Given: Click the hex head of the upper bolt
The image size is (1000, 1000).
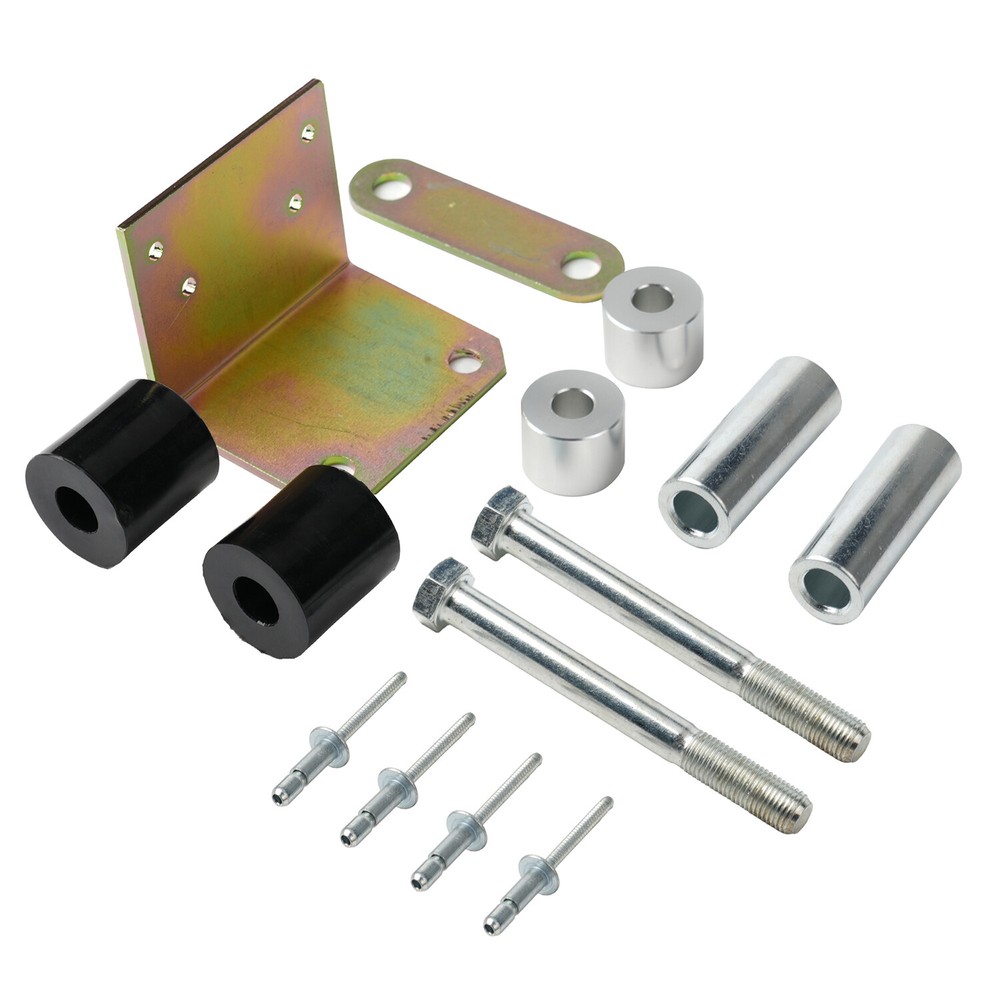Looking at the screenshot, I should coord(499,520).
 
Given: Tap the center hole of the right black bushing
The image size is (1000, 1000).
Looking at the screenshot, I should coord(255,601).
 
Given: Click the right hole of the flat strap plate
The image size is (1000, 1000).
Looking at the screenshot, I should coord(581,265).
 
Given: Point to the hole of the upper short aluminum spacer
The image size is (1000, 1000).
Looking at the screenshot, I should coord(652,297).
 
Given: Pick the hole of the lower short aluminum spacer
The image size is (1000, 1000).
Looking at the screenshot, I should coord(572,403).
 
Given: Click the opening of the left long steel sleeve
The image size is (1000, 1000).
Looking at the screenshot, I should coord(696,513).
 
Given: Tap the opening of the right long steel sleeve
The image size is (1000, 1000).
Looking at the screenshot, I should coord(826,590).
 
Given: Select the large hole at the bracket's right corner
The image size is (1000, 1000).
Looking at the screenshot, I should coord(465,361).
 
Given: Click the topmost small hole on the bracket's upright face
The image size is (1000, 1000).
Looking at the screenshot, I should coord(308,131).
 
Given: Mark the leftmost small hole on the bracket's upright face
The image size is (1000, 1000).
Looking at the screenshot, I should coord(156,250).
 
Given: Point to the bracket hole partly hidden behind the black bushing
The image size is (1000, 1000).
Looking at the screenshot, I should coord(340,464).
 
